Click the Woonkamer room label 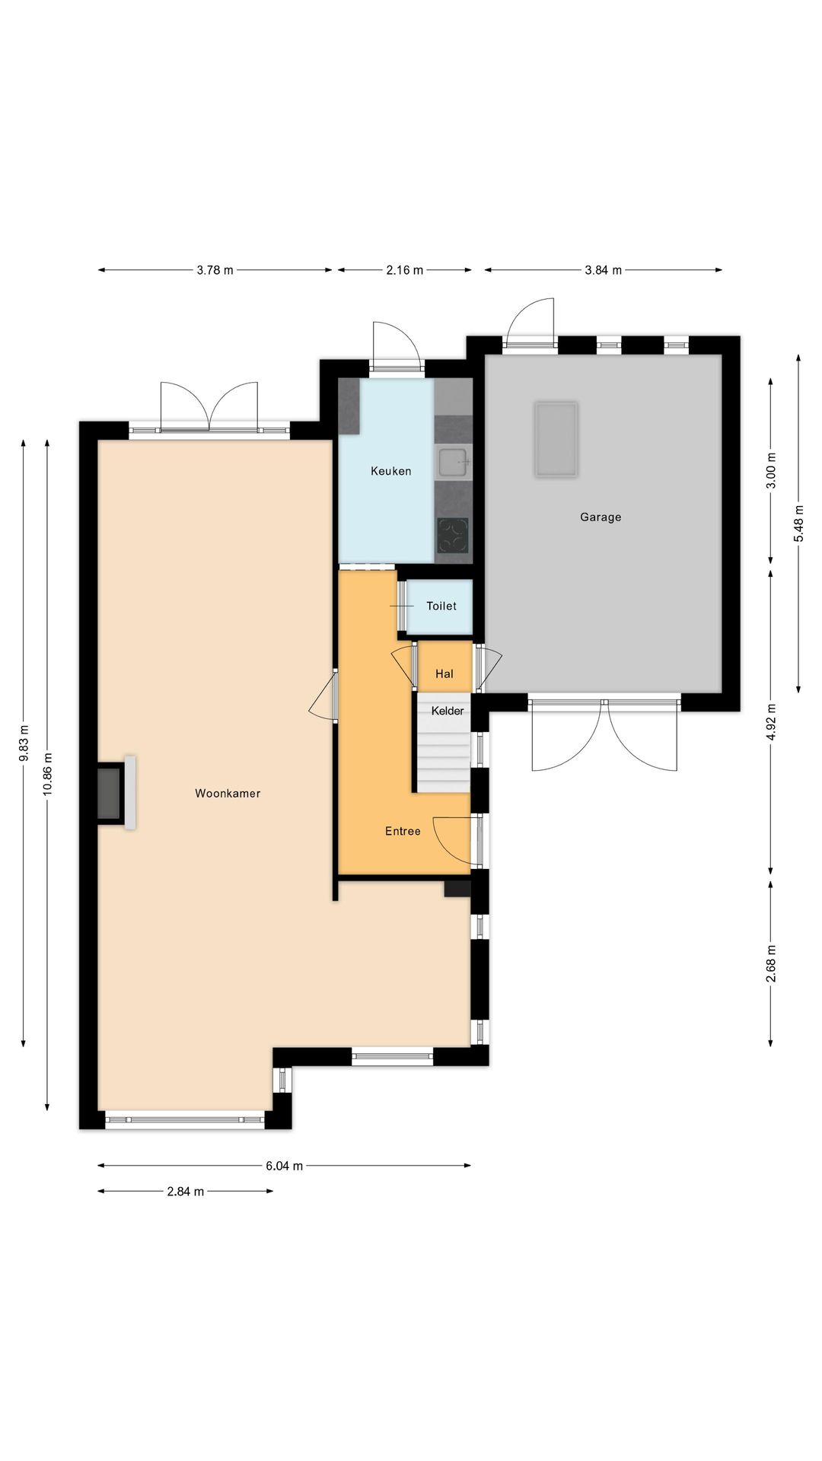point(228,793)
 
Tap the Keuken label point(391,471)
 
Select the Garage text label point(601,517)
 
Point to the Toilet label point(441,606)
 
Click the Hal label point(444,673)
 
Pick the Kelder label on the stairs point(448,711)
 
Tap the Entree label point(403,831)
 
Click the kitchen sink point(454,463)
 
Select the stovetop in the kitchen point(453,536)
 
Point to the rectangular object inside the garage point(556,439)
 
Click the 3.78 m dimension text point(215,270)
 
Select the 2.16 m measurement point(405,270)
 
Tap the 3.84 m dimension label point(604,270)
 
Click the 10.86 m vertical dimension point(48,774)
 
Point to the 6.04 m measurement point(285,1166)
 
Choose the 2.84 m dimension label point(186,1192)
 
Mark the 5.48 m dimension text point(798,524)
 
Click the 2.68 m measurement point(771,963)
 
